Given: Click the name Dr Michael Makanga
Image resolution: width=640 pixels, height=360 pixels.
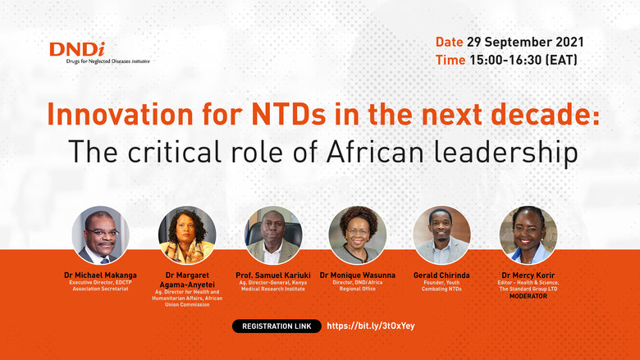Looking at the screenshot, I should tap(101, 275).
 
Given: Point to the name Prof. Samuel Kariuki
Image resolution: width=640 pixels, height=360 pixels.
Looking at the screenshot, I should tap(273, 275).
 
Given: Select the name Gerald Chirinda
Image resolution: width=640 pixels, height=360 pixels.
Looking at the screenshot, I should tap(441, 275).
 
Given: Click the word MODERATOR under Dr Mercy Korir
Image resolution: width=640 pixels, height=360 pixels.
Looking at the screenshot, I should tap(528, 296).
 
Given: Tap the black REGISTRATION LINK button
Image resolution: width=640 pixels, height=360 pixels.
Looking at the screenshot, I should tap(276, 326).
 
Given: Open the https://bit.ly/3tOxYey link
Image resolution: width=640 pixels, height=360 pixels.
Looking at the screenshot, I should tap(371, 326).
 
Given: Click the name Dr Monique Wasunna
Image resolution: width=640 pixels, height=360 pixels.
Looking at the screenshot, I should tap(358, 275).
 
